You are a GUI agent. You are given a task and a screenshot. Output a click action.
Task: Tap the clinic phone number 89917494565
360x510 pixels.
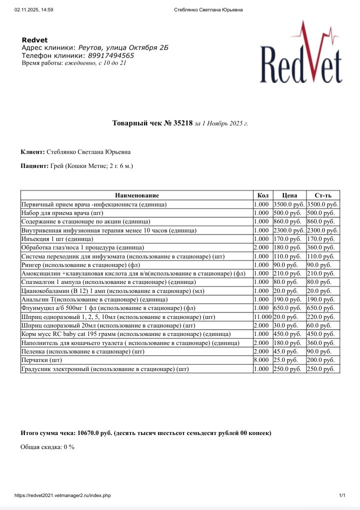(x=110, y=55)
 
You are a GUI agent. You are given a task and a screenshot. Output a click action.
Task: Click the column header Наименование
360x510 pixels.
(x=136, y=195)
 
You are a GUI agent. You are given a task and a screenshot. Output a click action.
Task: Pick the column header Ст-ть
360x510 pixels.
(x=322, y=195)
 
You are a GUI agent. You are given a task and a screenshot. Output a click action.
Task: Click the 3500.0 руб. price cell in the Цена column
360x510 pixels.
(x=288, y=204)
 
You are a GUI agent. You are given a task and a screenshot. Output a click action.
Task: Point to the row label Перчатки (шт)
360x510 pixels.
(x=41, y=360)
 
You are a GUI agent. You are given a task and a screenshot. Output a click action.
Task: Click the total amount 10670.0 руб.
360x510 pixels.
(x=95, y=432)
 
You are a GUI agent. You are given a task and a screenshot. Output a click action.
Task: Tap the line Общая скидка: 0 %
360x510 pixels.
(x=47, y=446)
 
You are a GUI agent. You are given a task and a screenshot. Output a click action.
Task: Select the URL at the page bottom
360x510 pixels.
(x=62, y=495)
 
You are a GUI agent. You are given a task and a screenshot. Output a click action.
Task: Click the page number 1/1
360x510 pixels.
(x=342, y=495)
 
